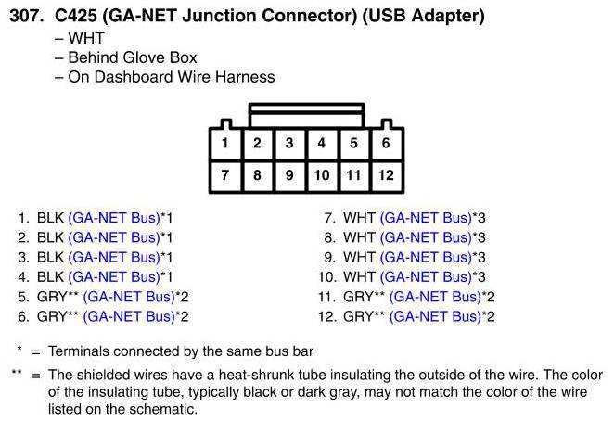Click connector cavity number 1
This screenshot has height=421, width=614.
(x=225, y=144)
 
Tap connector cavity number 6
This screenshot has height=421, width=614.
(x=386, y=144)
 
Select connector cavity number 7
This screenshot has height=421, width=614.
(x=225, y=174)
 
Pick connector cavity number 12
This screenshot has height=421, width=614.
(x=386, y=174)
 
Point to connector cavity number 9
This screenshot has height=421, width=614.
(x=289, y=174)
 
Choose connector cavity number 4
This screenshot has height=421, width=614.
(x=322, y=144)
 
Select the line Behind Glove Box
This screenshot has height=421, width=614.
(x=133, y=57)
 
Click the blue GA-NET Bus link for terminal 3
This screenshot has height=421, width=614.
(x=114, y=257)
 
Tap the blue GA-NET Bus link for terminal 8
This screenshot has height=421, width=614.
(x=426, y=237)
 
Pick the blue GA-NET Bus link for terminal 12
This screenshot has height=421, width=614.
(x=435, y=316)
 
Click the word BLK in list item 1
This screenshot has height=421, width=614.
(x=50, y=218)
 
